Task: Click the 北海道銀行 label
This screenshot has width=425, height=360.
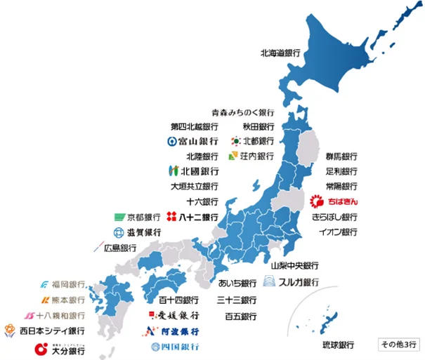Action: [x=281, y=53]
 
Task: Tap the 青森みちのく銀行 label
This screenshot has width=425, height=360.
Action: [x=242, y=112]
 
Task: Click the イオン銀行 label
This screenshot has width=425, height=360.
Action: [x=339, y=232]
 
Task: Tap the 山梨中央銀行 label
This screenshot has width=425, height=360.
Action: [x=295, y=266]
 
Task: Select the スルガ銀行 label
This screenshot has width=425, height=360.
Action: [x=291, y=282]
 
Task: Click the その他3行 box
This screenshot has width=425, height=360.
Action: [x=398, y=345]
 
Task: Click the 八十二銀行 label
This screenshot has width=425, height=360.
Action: [x=193, y=217]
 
